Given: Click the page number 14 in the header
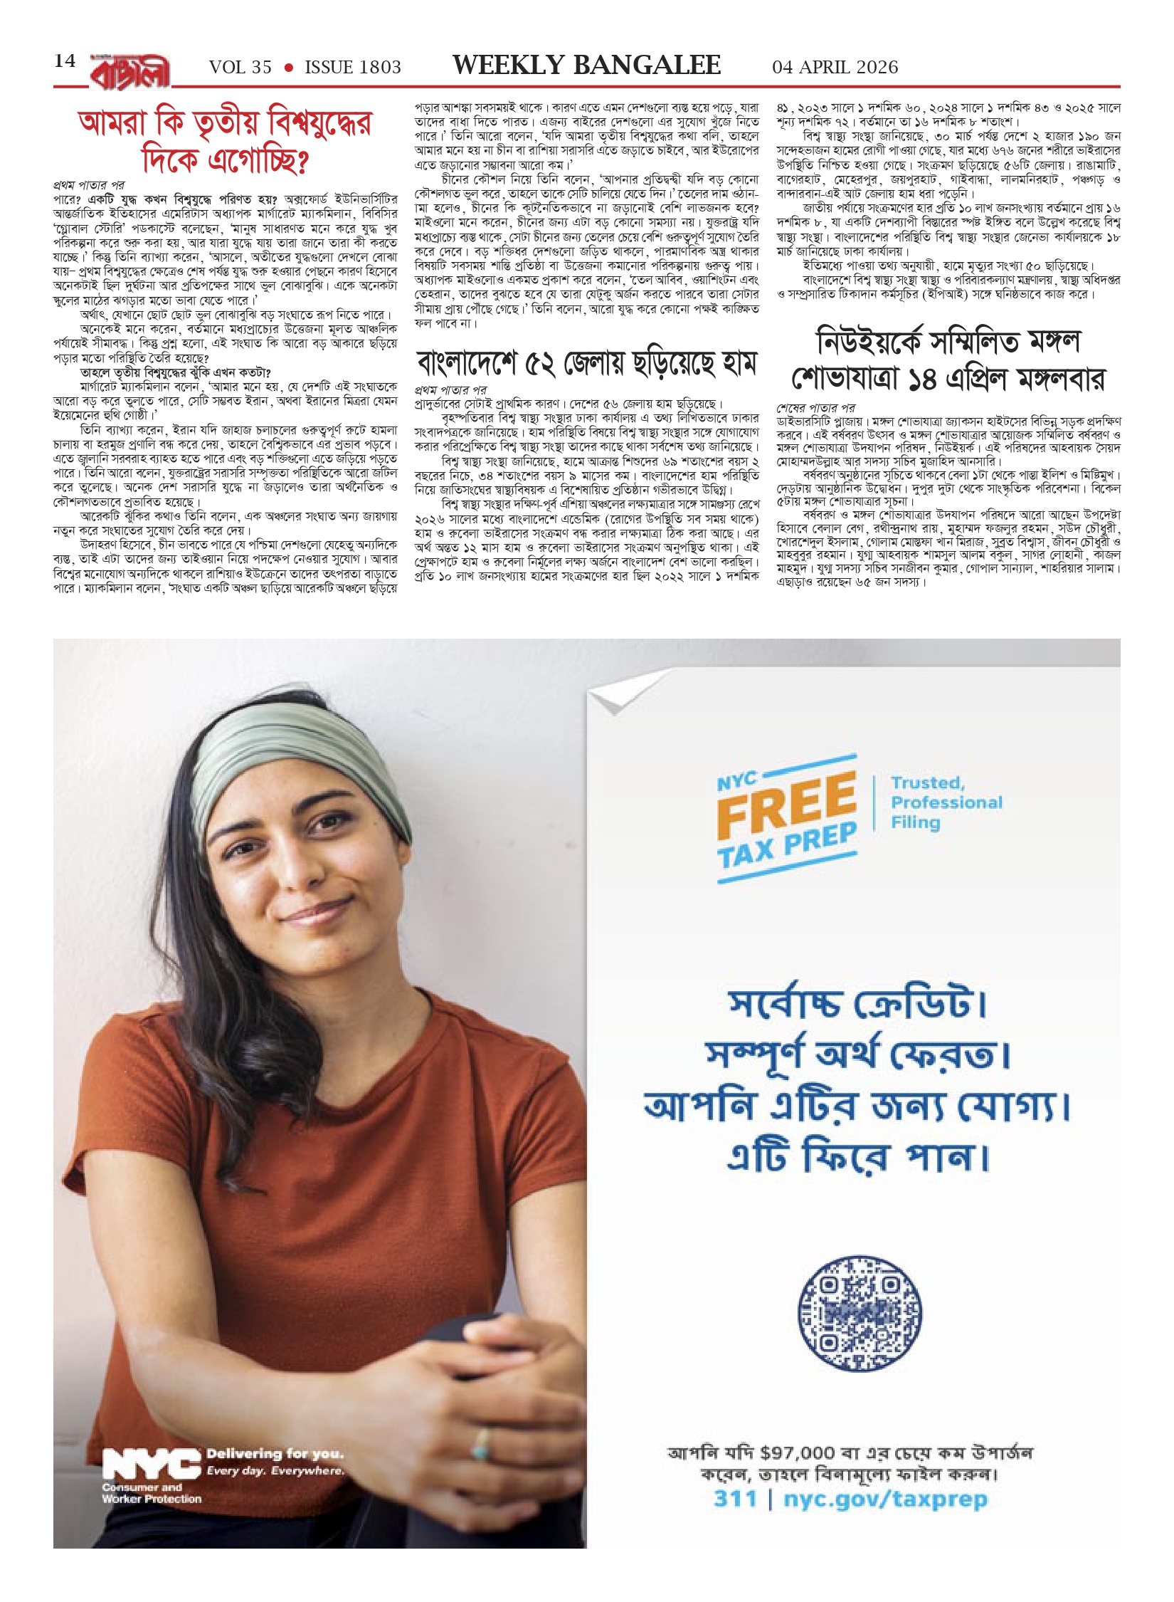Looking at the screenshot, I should click(65, 61).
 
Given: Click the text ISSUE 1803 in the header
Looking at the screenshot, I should click(353, 68).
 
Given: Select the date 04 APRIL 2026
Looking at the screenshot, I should click(835, 68).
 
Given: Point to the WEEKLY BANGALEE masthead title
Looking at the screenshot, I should click(586, 66).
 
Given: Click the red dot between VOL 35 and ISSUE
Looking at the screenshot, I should click(288, 68).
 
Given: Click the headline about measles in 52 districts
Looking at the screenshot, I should click(586, 363).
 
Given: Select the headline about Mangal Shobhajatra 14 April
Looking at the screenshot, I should click(948, 360).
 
